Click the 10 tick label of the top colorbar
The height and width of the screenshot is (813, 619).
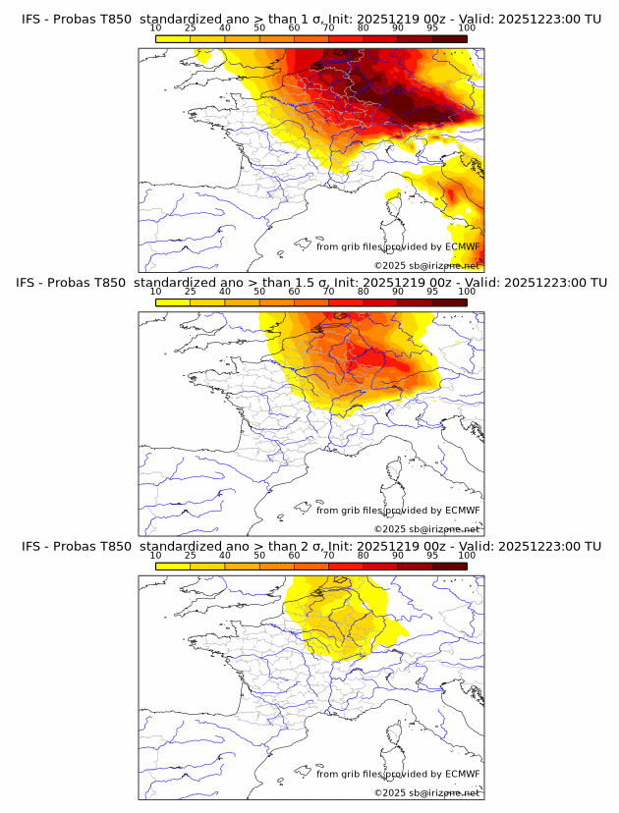(156, 29)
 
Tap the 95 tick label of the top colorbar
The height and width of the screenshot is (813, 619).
(432, 29)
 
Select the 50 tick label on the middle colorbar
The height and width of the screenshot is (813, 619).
(259, 293)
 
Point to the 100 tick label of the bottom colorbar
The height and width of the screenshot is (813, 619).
(468, 556)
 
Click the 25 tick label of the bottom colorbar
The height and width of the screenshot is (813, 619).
(191, 556)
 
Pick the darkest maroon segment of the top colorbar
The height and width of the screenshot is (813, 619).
(450, 38)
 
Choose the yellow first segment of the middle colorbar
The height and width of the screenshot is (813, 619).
(173, 301)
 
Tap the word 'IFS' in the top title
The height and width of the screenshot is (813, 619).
(31, 20)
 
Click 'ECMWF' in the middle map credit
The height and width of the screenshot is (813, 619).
(463, 511)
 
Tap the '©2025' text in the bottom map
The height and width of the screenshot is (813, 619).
(390, 792)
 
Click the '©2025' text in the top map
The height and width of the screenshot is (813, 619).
(390, 266)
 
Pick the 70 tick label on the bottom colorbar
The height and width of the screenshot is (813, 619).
(329, 556)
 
